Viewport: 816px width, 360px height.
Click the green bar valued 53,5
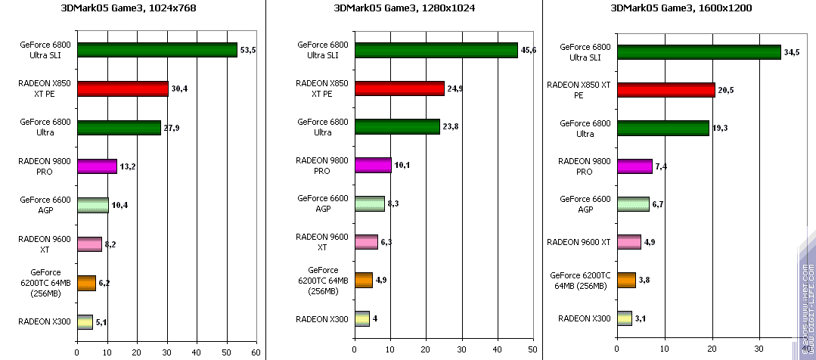pos(157,50)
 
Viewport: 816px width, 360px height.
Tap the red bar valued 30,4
pos(123,88)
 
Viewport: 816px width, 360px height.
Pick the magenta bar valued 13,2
pos(97,166)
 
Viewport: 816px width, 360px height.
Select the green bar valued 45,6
pos(436,50)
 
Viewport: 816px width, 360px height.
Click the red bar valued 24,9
pos(399,88)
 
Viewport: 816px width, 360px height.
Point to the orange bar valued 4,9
pos(364,280)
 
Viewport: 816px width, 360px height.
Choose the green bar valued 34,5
pos(699,51)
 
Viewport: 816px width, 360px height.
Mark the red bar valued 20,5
pos(666,90)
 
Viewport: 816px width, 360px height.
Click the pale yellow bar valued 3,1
pos(625,318)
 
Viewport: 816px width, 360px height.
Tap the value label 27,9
pos(172,128)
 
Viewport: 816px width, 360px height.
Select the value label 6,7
pos(658,205)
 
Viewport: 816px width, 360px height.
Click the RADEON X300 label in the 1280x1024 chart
pos(323,319)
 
